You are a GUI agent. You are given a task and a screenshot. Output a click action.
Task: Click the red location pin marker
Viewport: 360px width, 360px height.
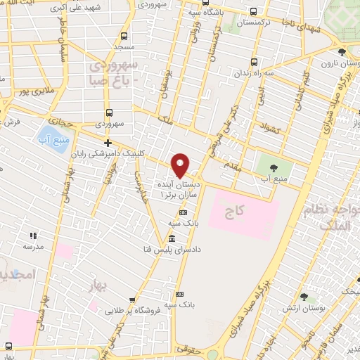coord(181,165)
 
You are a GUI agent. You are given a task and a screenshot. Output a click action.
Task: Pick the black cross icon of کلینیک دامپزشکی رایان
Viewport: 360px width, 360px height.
coord(107,143)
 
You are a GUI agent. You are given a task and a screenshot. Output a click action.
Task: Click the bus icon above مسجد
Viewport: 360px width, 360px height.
coord(124,36)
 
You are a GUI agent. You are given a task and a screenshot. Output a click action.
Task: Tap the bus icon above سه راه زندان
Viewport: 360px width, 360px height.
coord(254,61)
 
